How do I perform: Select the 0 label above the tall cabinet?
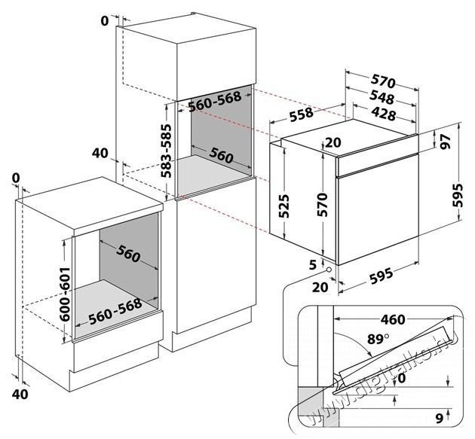(x=104, y=21)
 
